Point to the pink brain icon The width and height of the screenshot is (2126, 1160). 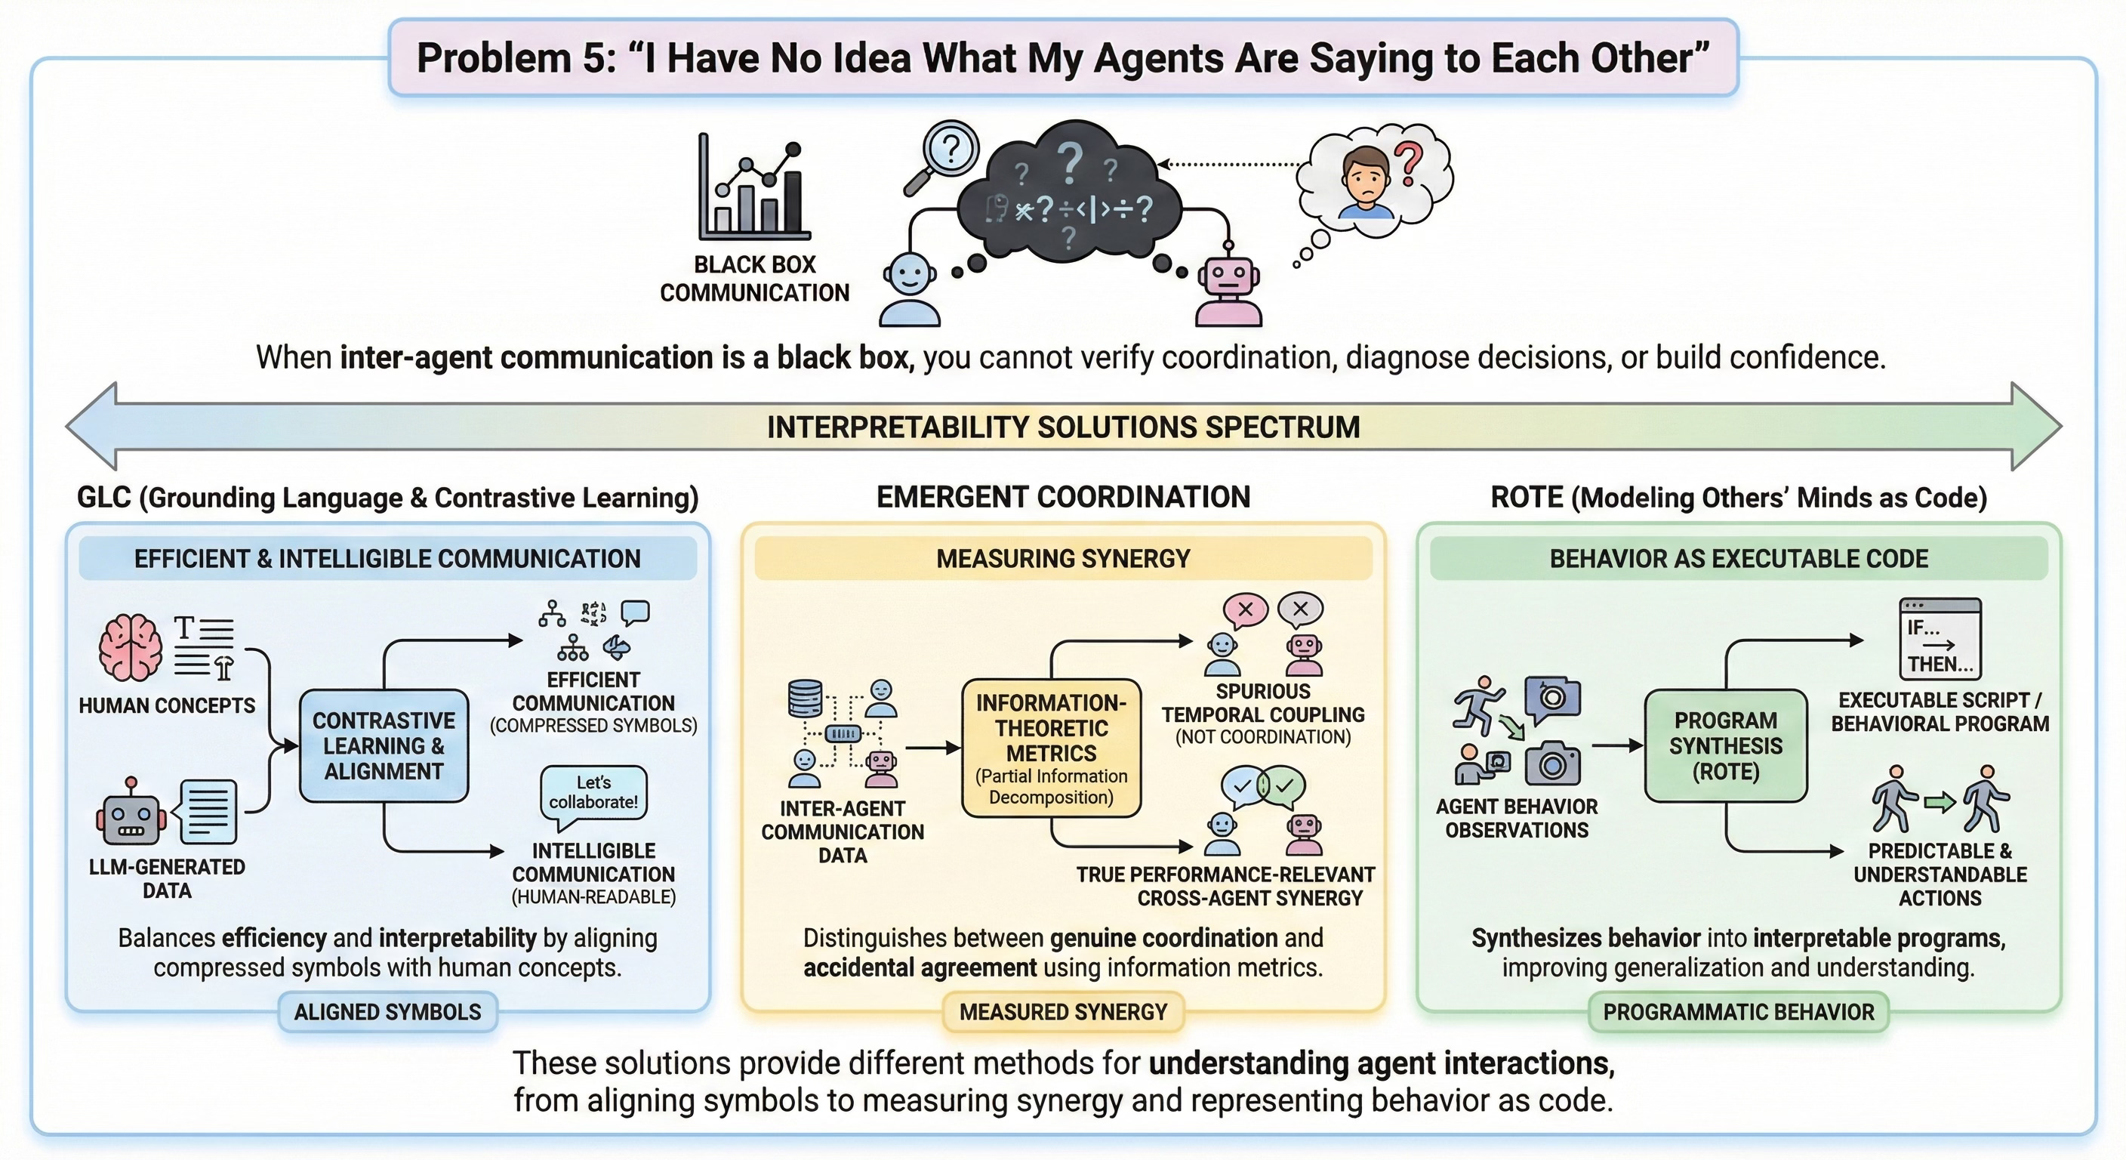(131, 648)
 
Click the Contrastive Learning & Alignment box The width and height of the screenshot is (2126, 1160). (384, 745)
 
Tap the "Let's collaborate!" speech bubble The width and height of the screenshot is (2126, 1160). (593, 794)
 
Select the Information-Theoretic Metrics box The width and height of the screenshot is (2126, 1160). (1051, 748)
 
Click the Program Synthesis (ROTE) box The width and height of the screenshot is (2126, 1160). (1725, 745)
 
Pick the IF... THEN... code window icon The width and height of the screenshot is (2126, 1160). (1940, 638)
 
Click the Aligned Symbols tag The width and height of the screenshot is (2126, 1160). (387, 1012)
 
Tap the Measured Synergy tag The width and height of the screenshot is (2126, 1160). (1063, 1012)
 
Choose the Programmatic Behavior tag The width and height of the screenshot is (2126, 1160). (1738, 1012)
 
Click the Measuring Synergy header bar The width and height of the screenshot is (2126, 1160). (1063, 559)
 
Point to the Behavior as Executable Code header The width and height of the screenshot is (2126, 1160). (1738, 559)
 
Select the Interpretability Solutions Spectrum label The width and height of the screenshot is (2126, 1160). (1063, 427)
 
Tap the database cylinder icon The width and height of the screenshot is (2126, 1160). (806, 699)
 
